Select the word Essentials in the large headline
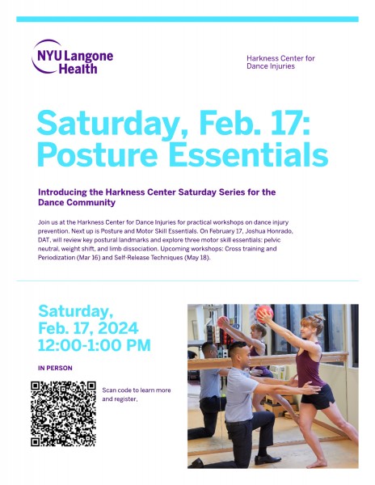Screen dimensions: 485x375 pyautogui.click(x=246, y=154)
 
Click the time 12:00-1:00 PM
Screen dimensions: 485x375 pyautogui.click(x=94, y=346)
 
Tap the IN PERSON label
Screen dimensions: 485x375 pyautogui.click(x=55, y=368)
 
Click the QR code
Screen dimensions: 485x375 pyautogui.click(x=63, y=413)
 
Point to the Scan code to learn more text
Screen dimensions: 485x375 pyautogui.click(x=137, y=390)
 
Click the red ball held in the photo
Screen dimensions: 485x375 pyautogui.click(x=264, y=315)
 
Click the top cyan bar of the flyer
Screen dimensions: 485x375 pyautogui.click(x=187, y=19)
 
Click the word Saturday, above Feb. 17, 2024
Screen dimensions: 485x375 pyautogui.click(x=76, y=310)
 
